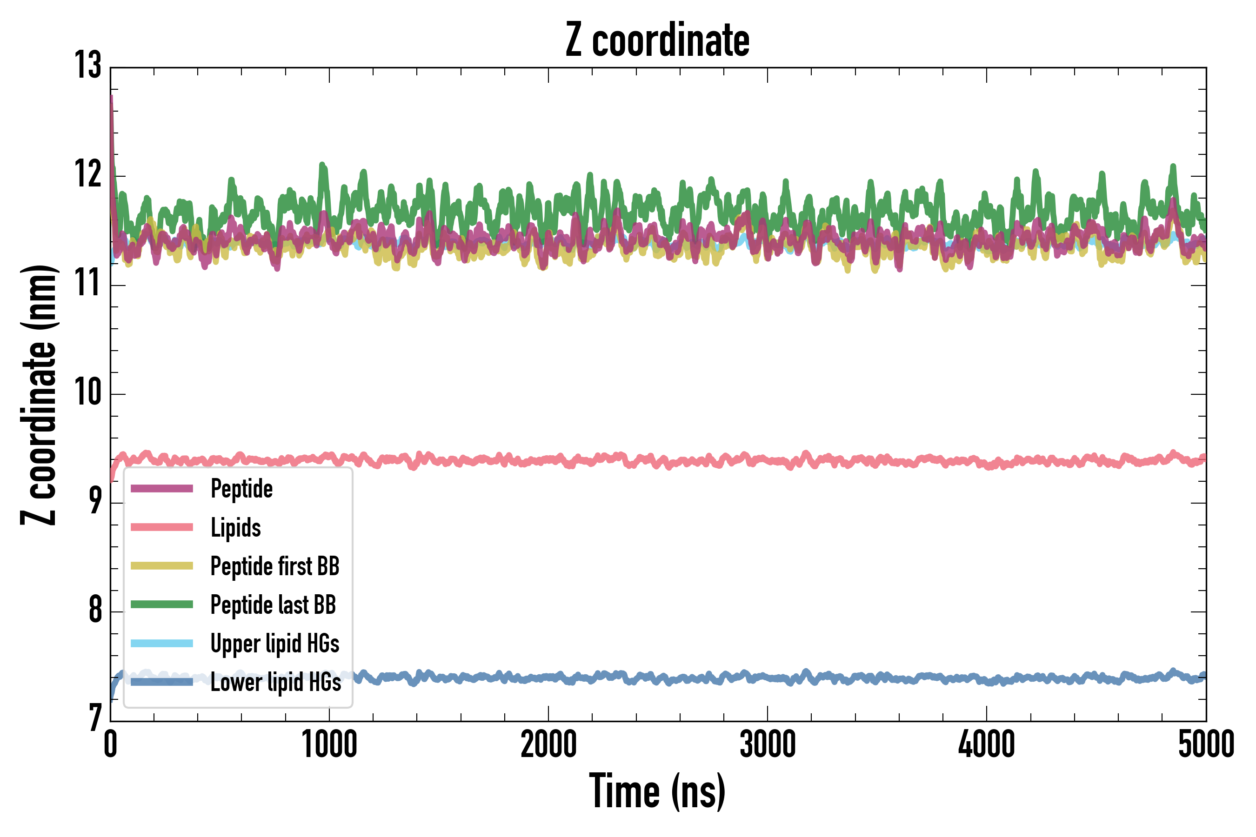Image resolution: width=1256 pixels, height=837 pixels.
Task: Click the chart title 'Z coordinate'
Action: [657, 40]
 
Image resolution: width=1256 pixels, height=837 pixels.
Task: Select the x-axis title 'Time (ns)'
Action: [657, 791]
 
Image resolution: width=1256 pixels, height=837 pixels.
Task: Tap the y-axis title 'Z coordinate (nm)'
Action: [39, 394]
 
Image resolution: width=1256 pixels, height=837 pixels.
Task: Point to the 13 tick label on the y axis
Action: [87, 66]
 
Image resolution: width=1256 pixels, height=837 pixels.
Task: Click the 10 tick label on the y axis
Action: [87, 393]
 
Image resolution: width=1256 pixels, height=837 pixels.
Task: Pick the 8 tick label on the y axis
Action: [95, 610]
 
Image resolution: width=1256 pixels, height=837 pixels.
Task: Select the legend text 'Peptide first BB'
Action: [274, 566]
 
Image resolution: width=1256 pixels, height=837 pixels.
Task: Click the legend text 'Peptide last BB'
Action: [273, 605]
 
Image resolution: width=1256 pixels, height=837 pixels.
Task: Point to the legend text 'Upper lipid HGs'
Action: [274, 644]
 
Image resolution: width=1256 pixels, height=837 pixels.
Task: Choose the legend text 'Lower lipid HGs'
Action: [275, 682]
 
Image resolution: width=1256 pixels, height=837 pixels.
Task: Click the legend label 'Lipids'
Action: [235, 527]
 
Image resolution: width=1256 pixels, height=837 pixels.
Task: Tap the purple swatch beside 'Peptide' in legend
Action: [162, 488]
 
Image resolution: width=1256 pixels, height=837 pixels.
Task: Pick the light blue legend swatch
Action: [162, 643]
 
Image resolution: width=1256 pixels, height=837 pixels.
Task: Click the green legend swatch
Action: [162, 604]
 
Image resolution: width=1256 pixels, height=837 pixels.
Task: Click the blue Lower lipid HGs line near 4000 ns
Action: [986, 679]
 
